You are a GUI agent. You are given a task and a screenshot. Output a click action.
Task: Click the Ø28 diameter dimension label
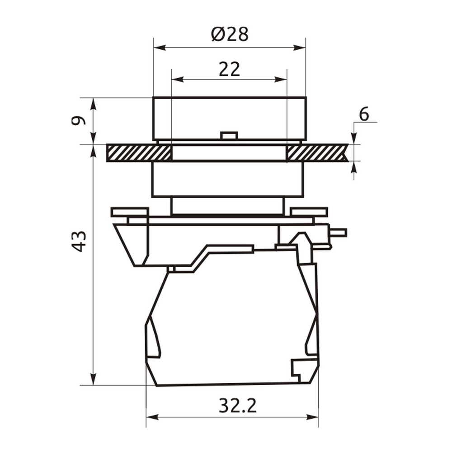pos(230,34)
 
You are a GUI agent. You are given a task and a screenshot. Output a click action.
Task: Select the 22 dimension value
pos(229,69)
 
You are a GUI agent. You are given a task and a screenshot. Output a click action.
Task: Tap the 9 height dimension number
pos(78,120)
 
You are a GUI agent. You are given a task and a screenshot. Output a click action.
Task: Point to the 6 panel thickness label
pos(364,114)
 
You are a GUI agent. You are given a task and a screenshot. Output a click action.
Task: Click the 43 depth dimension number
pos(78,241)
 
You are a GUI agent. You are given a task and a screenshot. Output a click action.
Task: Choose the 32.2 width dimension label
pos(237,405)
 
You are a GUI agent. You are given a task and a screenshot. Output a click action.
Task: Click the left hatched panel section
pos(139,153)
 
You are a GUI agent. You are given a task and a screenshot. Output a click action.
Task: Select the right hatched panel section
pos(317,153)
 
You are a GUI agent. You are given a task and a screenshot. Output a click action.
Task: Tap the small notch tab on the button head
pos(229,136)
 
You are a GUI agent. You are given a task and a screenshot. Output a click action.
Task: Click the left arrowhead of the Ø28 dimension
pos(160,47)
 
